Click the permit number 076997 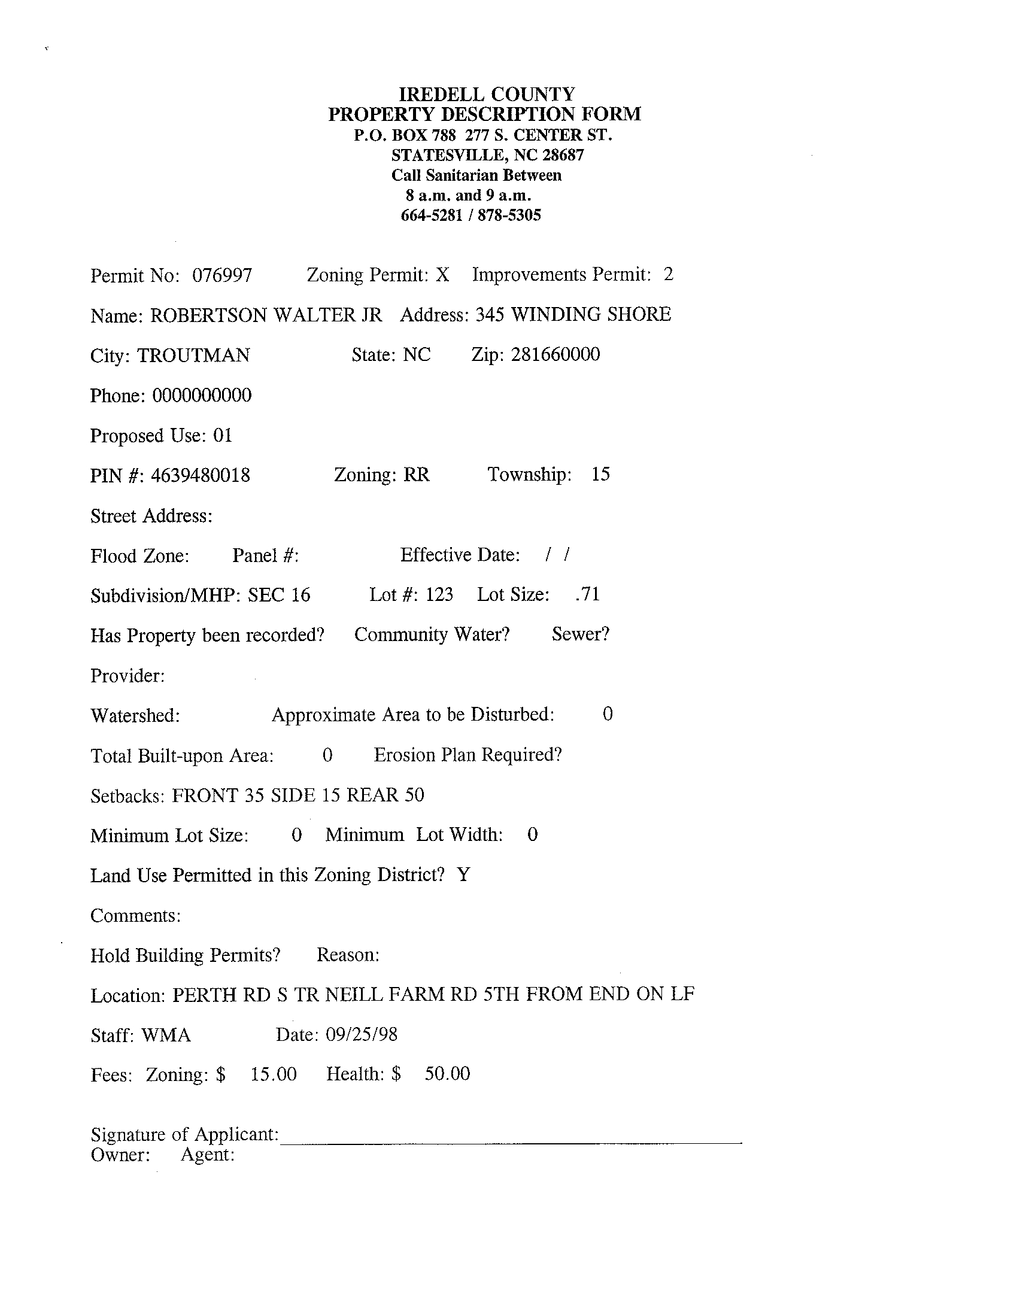click(221, 276)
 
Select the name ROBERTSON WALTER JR click(266, 315)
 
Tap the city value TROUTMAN click(193, 356)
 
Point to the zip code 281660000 click(555, 354)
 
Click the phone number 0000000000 click(202, 396)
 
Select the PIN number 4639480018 click(200, 476)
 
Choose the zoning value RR click(416, 475)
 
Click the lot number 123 click(439, 595)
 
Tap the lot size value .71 click(588, 594)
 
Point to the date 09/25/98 click(362, 1035)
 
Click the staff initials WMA click(166, 1035)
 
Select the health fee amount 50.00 click(447, 1074)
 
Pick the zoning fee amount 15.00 click(274, 1075)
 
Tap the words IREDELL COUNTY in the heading click(487, 94)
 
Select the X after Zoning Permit click(442, 275)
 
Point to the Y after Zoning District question click(463, 875)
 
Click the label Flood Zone click(139, 555)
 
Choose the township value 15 click(600, 475)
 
